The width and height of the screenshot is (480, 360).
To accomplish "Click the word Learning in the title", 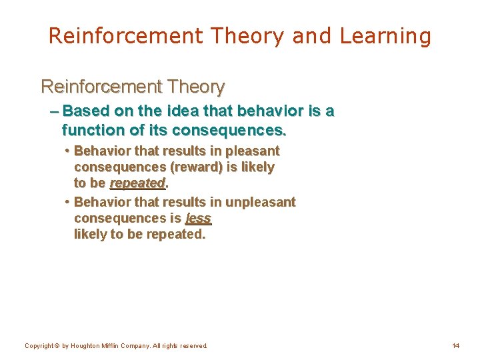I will pyautogui.click(x=385, y=36).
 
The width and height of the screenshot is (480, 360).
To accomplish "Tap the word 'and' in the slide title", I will pyautogui.click(x=311, y=36).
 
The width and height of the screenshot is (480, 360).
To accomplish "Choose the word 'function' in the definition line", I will pyautogui.click(x=91, y=129).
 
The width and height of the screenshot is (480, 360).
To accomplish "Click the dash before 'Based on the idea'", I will pyautogui.click(x=53, y=111).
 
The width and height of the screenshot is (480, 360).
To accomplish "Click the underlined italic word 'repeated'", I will pyautogui.click(x=137, y=183).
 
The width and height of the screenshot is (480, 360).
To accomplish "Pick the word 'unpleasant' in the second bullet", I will pyautogui.click(x=260, y=201).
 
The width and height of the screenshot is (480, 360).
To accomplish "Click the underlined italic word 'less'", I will pyautogui.click(x=199, y=218).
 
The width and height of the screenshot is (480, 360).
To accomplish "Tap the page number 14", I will pyautogui.click(x=456, y=346).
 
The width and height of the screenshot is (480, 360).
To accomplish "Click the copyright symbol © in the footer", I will pyautogui.click(x=57, y=346).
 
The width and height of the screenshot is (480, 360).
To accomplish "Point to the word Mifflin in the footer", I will pyautogui.click(x=113, y=346).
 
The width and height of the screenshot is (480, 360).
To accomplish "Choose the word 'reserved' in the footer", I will pyautogui.click(x=195, y=346).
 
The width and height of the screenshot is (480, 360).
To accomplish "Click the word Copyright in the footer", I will pyautogui.click(x=39, y=346).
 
